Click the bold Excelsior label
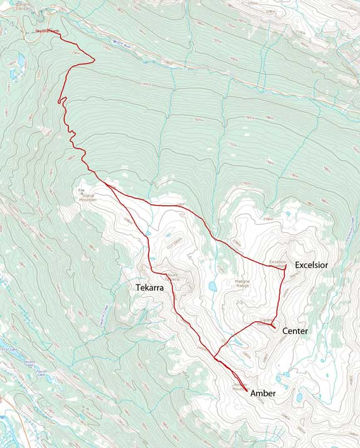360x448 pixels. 311,265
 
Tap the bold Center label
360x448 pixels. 294,331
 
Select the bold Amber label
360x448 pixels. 263,393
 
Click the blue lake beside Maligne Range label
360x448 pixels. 213,287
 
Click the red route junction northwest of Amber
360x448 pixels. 215,359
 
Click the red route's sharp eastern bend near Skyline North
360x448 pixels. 94,60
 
